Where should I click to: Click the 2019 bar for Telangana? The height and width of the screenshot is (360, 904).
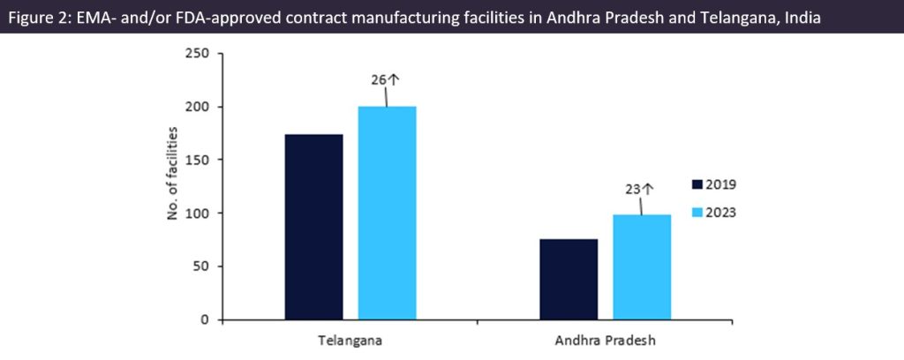point(313,227)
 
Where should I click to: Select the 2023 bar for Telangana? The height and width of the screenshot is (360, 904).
point(387,213)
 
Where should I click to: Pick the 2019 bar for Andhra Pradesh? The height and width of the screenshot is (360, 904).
point(569,279)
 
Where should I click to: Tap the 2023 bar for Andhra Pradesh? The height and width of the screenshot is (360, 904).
point(642,266)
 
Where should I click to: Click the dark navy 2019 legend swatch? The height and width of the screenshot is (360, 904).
point(697,184)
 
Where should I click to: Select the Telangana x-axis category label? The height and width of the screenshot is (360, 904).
point(350,340)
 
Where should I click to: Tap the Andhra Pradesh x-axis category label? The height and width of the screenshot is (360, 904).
point(605,340)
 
